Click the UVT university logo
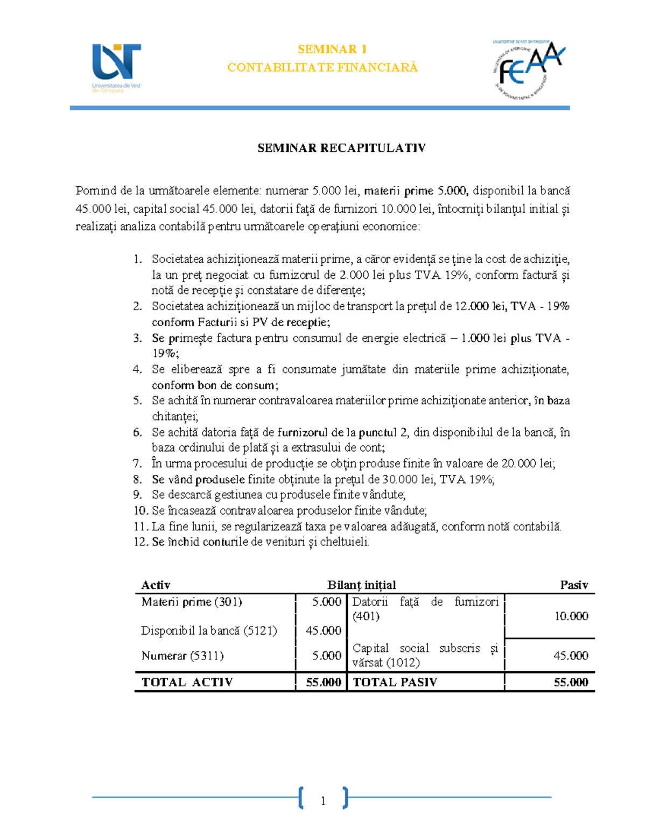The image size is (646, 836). point(116,68)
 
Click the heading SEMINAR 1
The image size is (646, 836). point(332,50)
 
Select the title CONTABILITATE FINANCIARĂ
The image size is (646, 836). point(322,67)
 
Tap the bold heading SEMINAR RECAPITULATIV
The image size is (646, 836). point(341,148)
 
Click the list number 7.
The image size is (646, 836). point(137,463)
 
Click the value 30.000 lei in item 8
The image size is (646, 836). point(408,480)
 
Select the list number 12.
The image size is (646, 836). point(140,542)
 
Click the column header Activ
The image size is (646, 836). point(156,585)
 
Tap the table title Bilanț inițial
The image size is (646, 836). point(361,585)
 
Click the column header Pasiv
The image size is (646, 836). point(574,585)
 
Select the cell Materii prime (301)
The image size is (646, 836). point(192,602)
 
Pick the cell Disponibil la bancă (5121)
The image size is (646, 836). point(209,630)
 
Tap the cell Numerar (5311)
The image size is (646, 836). point(182,656)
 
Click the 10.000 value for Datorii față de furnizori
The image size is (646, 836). point(571,616)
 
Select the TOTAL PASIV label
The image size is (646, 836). point(395,683)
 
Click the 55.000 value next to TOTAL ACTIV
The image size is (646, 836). point(324,683)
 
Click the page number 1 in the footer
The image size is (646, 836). point(323,802)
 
